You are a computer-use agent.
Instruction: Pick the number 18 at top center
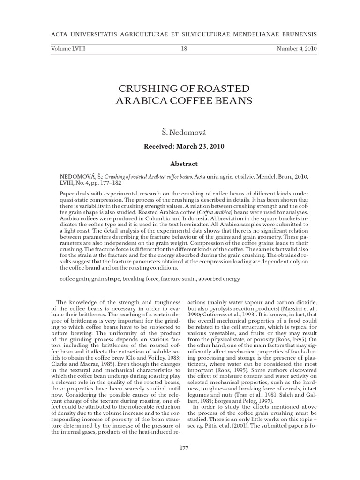point(184,48)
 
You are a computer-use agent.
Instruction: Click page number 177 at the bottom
point(184,448)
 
